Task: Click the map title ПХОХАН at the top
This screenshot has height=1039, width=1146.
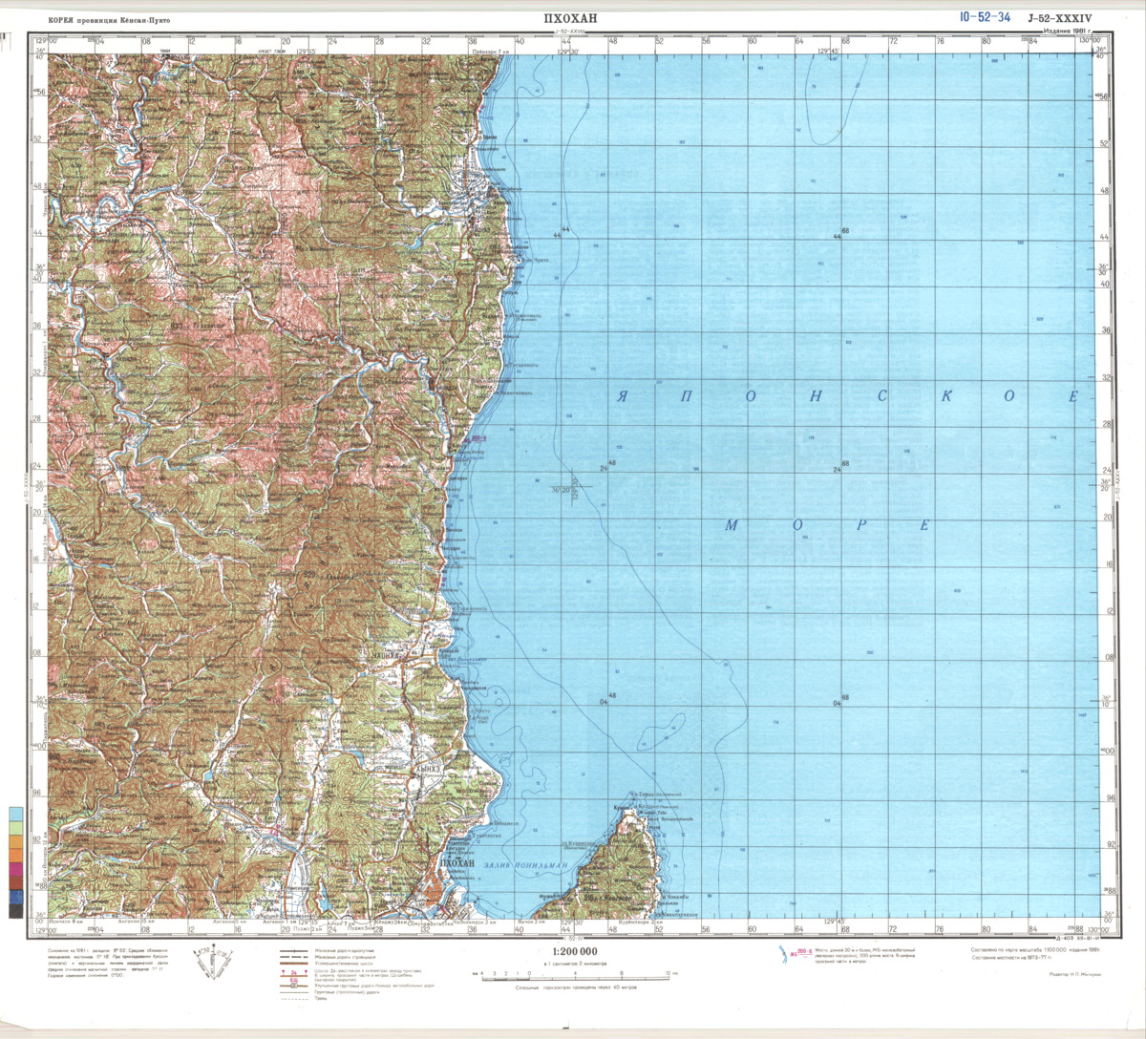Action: pos(569,18)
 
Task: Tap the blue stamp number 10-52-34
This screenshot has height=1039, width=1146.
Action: pos(985,17)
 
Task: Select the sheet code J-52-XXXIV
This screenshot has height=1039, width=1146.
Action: pos(1059,18)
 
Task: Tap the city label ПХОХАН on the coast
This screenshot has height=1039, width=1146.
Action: pos(456,863)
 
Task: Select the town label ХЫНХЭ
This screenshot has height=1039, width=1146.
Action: pos(429,767)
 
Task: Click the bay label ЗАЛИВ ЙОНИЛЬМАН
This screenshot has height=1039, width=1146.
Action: pos(525,865)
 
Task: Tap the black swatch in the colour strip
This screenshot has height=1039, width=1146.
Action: pos(16,911)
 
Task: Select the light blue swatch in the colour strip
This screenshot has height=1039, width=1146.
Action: pos(16,816)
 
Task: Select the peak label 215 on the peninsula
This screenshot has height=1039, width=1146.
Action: pos(591,897)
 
